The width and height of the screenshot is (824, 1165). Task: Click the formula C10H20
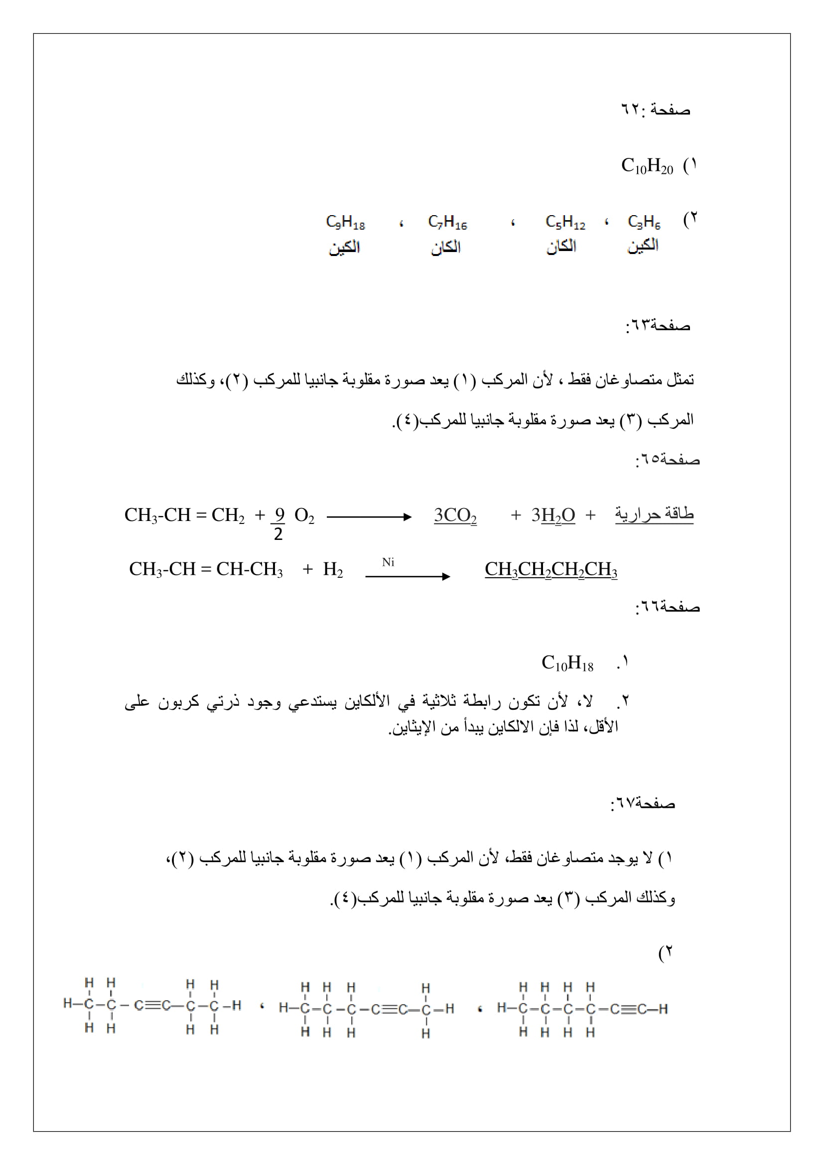pyautogui.click(x=647, y=166)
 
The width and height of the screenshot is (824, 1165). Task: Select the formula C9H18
pyautogui.click(x=346, y=222)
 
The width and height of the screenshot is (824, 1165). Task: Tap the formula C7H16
pyautogui.click(x=447, y=222)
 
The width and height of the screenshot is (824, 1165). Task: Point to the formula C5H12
pyautogui.click(x=565, y=222)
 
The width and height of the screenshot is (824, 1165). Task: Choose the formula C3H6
pyautogui.click(x=644, y=222)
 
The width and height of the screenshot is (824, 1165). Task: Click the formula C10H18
pyautogui.click(x=567, y=663)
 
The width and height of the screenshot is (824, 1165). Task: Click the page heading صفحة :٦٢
pyautogui.click(x=655, y=110)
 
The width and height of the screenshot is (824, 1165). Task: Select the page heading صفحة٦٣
pyautogui.click(x=658, y=325)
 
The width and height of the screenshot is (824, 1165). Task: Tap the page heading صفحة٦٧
pyautogui.click(x=642, y=803)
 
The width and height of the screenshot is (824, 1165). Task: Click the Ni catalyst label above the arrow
pyautogui.click(x=388, y=562)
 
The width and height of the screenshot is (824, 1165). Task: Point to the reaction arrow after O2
pyautogui.click(x=369, y=517)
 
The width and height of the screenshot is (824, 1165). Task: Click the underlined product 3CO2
pyautogui.click(x=455, y=516)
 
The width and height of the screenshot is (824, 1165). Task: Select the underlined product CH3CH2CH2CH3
pyautogui.click(x=551, y=569)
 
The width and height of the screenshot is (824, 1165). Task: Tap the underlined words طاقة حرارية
pyautogui.click(x=654, y=515)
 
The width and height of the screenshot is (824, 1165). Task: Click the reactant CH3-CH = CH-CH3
pyautogui.click(x=205, y=569)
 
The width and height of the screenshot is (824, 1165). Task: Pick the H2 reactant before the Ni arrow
pyautogui.click(x=333, y=569)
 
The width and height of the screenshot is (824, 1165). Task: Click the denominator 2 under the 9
pyautogui.click(x=278, y=534)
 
